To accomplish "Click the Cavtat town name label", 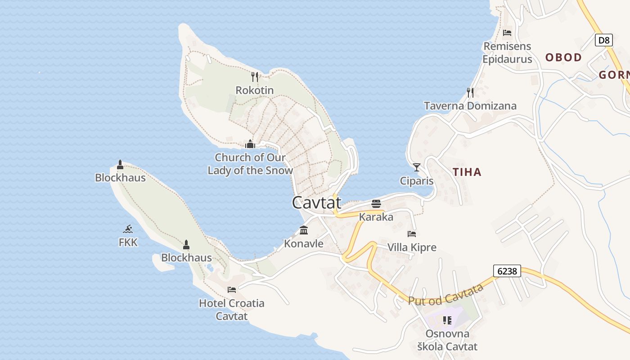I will click(x=316, y=202).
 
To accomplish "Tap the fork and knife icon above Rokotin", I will click(x=255, y=76).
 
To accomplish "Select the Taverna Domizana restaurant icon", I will click(x=470, y=93).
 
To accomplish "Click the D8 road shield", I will click(x=604, y=40).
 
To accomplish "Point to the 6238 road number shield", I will click(x=507, y=271).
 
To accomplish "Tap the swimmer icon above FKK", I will click(x=128, y=229).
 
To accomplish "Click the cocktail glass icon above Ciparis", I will click(x=417, y=167).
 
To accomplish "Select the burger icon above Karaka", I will click(x=376, y=204).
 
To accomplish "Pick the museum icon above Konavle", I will click(x=304, y=230).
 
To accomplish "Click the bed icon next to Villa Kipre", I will click(x=412, y=234).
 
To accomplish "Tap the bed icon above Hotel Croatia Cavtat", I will click(x=232, y=289).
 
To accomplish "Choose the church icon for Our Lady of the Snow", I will click(x=250, y=144).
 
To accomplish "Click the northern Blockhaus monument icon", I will click(x=120, y=165).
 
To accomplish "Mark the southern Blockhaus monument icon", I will click(x=186, y=245).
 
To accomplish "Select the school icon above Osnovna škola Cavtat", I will click(x=447, y=320).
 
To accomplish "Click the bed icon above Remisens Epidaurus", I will click(x=507, y=33).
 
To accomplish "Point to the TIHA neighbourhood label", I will click(x=467, y=172).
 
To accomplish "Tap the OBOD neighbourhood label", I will click(x=563, y=58).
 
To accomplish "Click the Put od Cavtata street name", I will click(x=445, y=295).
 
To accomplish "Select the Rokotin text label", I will click(x=255, y=90).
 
